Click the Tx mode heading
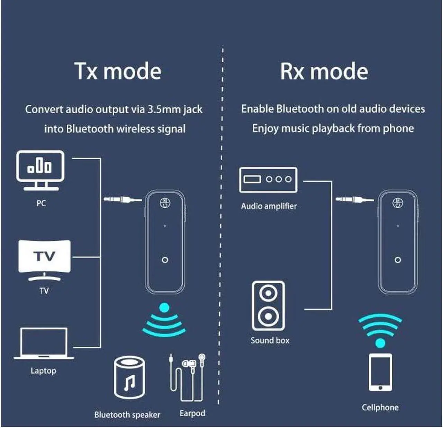[118, 71]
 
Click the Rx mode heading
[324, 71]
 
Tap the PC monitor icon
[40, 170]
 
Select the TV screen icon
[44, 257]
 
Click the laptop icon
[44, 344]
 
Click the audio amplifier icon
[268, 180]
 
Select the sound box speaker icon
[268, 306]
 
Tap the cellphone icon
[380, 372]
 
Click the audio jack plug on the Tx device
[123, 199]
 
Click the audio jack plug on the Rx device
[354, 199]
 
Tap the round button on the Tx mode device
[165, 259]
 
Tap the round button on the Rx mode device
[398, 259]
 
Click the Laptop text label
[43, 371]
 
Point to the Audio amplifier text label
[269, 206]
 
